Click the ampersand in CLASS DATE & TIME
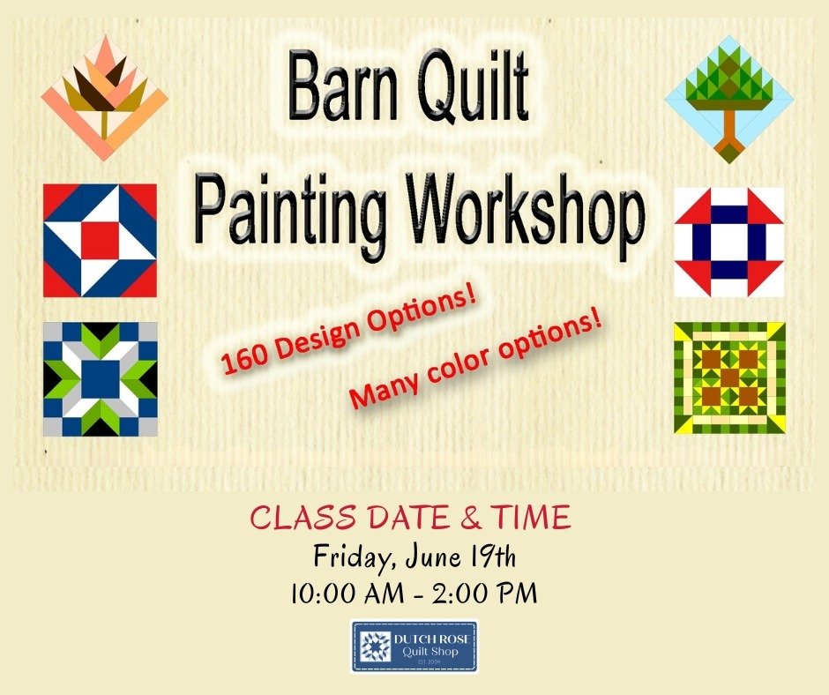coord(471,518)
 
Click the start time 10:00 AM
coord(349,593)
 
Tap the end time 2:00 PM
coord(485,593)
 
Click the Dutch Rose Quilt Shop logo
coord(414,646)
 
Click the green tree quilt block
coord(729,99)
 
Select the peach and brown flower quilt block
coord(105,97)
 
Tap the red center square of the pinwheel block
coord(100,241)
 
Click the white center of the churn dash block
coord(729,242)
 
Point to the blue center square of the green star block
coord(100,378)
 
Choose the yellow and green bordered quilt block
coord(729,378)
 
